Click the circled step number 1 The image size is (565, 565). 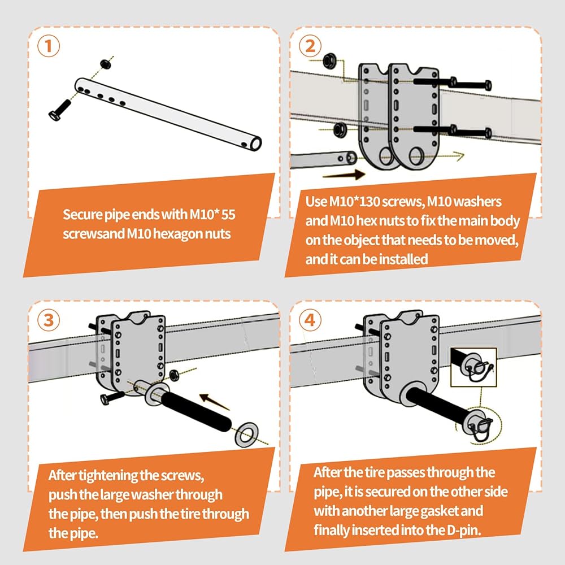pos(48,46)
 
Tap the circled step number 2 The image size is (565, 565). pos(310,46)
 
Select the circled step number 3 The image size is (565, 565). pos(48,320)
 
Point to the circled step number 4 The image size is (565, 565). pos(310,320)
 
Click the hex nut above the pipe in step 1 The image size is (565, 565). pos(105,64)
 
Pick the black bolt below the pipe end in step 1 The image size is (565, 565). pos(60,110)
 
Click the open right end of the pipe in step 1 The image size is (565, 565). pos(256,144)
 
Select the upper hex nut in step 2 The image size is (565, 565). pos(328,61)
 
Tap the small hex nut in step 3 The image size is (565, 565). pos(173,375)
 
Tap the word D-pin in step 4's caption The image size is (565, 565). pos(464,530)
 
